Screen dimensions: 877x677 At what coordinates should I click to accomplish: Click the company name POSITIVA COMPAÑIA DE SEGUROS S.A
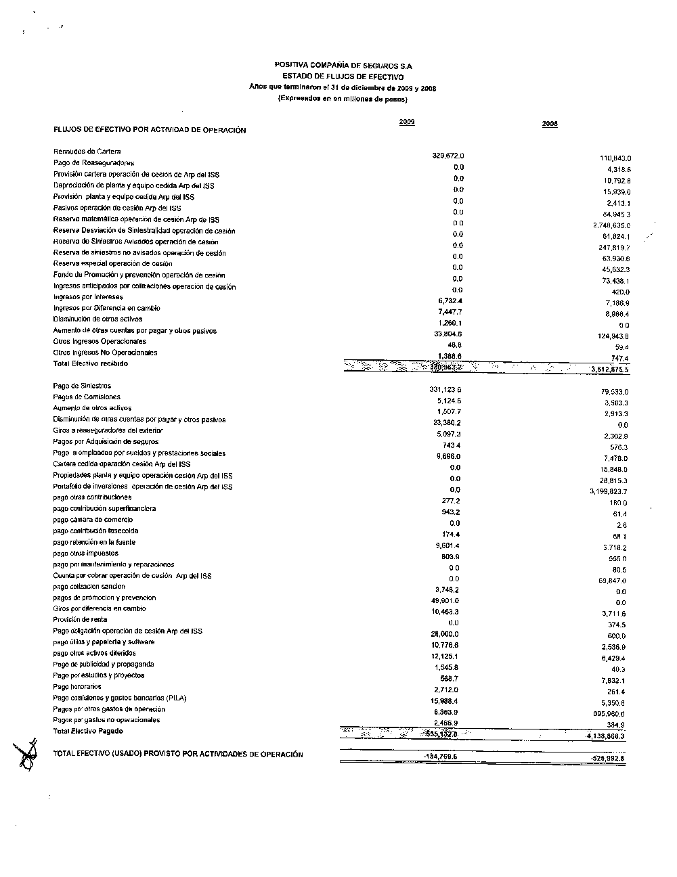click(x=343, y=66)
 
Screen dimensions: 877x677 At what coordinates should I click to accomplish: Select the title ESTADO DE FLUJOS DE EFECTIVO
click(x=343, y=76)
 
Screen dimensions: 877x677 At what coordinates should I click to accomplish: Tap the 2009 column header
click(x=407, y=122)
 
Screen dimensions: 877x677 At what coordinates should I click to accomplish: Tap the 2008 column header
click(x=550, y=125)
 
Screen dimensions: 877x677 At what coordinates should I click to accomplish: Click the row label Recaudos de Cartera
click(x=87, y=151)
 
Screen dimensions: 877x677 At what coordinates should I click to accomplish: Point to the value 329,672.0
click(x=447, y=156)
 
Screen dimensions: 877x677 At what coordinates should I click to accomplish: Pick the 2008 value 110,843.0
click(x=611, y=158)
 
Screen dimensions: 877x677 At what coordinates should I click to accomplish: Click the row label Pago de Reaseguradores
click(x=93, y=162)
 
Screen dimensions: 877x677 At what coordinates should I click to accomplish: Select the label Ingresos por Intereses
click(x=88, y=297)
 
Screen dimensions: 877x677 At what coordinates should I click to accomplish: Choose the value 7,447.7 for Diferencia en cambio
click(x=450, y=312)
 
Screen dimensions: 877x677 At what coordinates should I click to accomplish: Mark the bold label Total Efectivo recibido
click(x=90, y=364)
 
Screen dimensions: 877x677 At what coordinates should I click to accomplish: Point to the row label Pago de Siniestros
click(x=82, y=386)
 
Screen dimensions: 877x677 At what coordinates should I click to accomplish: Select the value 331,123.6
click(x=445, y=390)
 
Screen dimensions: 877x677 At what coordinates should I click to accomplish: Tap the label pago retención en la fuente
click(x=94, y=542)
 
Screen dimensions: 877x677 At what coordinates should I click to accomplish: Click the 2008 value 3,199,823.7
click(x=609, y=491)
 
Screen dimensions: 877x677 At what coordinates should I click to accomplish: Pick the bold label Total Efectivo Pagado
click(x=88, y=731)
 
